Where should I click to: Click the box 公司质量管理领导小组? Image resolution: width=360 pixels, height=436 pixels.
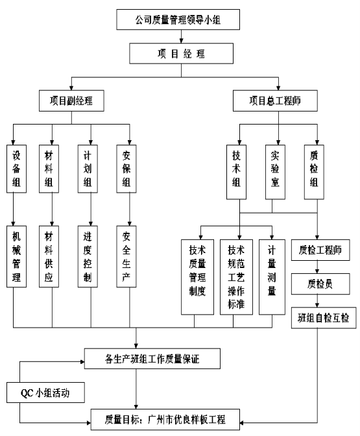coord(178,19)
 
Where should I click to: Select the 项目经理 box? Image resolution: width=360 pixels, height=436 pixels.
coord(181,53)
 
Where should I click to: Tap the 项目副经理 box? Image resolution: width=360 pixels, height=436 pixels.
coord(71,101)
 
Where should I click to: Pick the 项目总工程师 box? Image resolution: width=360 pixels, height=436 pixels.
coord(275,101)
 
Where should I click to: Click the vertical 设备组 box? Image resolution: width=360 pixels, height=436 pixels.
coord(16,169)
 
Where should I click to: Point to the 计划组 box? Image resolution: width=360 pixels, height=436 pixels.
coord(88,169)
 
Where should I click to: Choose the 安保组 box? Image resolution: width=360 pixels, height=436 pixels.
coord(126,169)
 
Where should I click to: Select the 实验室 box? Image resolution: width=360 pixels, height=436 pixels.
coord(275,172)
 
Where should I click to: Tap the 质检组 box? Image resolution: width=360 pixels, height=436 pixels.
coord(314,172)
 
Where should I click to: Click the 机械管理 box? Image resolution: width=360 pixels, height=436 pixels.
coord(16,256)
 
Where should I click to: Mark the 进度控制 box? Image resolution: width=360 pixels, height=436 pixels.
coord(88,256)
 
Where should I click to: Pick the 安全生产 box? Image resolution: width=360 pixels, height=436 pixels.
coord(126,256)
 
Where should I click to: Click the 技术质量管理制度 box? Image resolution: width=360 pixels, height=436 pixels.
coord(197,277)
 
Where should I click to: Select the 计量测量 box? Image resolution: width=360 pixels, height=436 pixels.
coord(272,277)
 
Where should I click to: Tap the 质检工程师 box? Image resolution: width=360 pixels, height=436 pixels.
coord(320,250)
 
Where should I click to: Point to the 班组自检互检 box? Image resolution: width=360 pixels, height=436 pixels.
coord(324,318)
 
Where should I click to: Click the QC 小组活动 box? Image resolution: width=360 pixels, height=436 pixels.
coord(45,393)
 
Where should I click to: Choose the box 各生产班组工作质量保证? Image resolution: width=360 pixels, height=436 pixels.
coord(152,359)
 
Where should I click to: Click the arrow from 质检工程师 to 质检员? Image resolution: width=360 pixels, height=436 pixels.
coord(317,267)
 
